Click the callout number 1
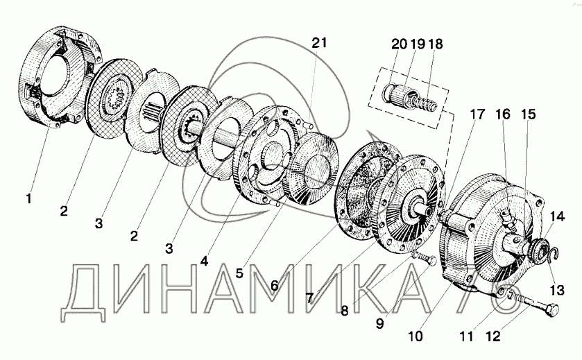coord(28,198)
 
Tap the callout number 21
coord(319,43)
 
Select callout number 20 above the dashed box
coord(400,44)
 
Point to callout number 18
coord(436,44)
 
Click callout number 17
coord(477,114)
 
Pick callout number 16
coord(504,114)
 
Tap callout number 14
coord(558,216)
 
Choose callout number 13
coord(557,290)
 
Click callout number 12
coord(493,336)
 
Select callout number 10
coord(416,336)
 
